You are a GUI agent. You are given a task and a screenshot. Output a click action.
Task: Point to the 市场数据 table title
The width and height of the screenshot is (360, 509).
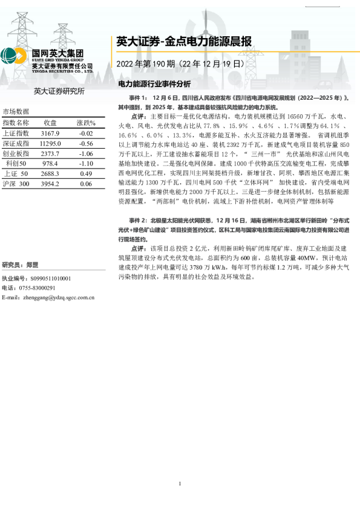click(16, 112)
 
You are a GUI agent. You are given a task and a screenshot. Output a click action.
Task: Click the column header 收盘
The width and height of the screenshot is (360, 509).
click(50, 123)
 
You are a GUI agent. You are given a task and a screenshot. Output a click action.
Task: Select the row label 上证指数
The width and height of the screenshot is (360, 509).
click(16, 133)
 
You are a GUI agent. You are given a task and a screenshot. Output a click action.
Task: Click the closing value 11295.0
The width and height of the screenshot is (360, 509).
click(50, 143)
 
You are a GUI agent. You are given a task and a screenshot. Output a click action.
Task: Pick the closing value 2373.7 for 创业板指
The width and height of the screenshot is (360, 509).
click(50, 154)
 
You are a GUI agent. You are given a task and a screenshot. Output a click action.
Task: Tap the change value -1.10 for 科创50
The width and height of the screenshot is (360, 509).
click(86, 163)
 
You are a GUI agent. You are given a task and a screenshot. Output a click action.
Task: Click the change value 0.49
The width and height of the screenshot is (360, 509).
click(86, 173)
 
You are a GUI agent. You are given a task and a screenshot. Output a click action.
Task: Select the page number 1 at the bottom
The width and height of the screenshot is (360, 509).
click(180, 484)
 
